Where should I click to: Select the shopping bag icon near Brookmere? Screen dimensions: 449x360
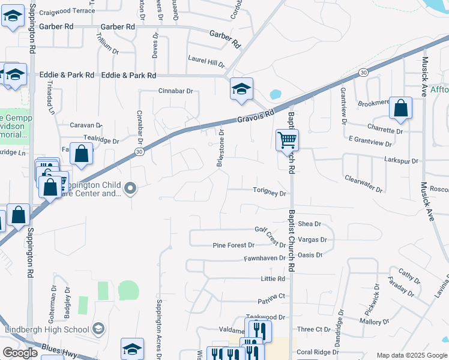click(x=400, y=108)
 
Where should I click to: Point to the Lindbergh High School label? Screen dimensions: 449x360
click(x=47, y=329)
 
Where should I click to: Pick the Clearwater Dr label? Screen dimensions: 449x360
click(x=363, y=184)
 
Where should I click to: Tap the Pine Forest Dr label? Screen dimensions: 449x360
click(x=234, y=245)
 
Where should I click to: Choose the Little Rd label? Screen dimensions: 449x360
click(x=273, y=279)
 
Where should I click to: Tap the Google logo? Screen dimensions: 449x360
click(x=20, y=353)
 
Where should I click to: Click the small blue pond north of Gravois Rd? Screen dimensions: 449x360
click(x=276, y=94)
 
